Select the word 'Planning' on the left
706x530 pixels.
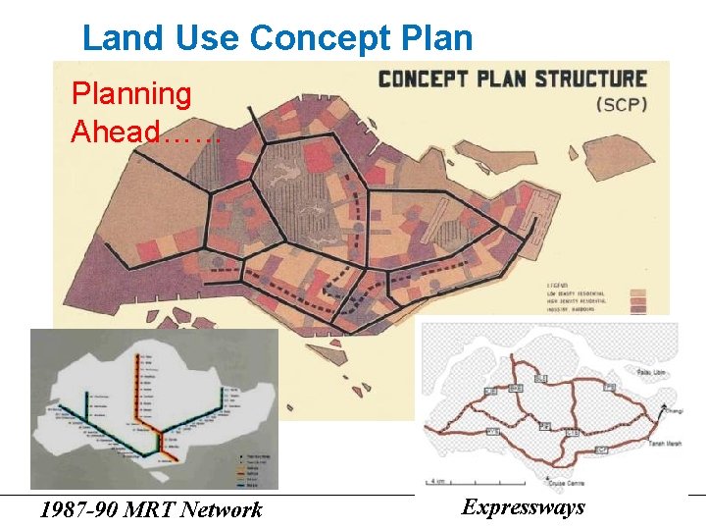pyautogui.click(x=131, y=94)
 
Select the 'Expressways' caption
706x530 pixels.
pyautogui.click(x=523, y=506)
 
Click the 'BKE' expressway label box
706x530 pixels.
pyautogui.click(x=515, y=389)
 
